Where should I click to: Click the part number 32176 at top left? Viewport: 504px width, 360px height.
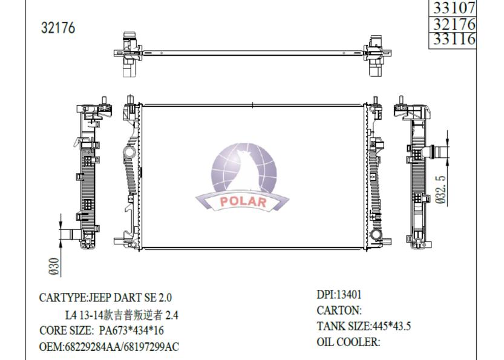pos(58,28)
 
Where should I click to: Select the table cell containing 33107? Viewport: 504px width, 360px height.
pos(453,7)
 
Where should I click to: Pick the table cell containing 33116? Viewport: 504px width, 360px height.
pos(453,40)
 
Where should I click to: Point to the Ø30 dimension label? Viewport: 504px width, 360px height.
pos(54,266)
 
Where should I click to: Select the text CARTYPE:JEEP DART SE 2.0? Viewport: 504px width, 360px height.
pos(105,298)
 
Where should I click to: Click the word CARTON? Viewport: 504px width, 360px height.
pos(339,310)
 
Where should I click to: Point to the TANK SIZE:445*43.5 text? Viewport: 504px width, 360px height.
pos(364,326)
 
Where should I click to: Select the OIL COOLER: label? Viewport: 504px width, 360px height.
pos(348,342)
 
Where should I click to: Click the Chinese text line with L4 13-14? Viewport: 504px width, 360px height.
pos(121,315)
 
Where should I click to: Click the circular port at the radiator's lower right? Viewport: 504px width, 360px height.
pos(376,235)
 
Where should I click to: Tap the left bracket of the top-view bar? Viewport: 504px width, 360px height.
pos(130,54)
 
